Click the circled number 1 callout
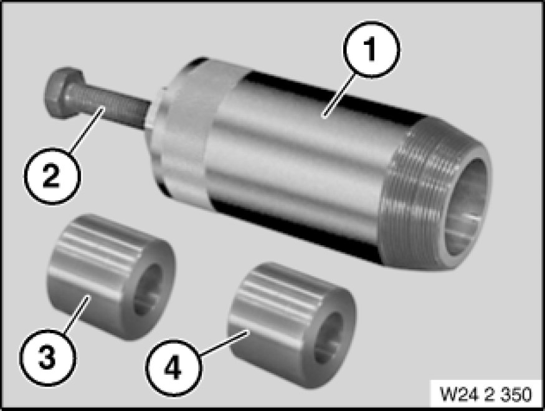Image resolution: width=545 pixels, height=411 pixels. click(x=372, y=49)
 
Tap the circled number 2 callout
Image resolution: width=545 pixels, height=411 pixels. click(x=52, y=176)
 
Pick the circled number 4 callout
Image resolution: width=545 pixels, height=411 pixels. click(x=173, y=368)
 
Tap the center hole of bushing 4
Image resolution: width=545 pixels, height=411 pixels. click(x=328, y=338)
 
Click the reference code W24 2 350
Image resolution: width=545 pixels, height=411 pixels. click(x=486, y=394)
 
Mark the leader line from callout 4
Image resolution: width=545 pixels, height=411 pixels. click(x=224, y=343)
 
